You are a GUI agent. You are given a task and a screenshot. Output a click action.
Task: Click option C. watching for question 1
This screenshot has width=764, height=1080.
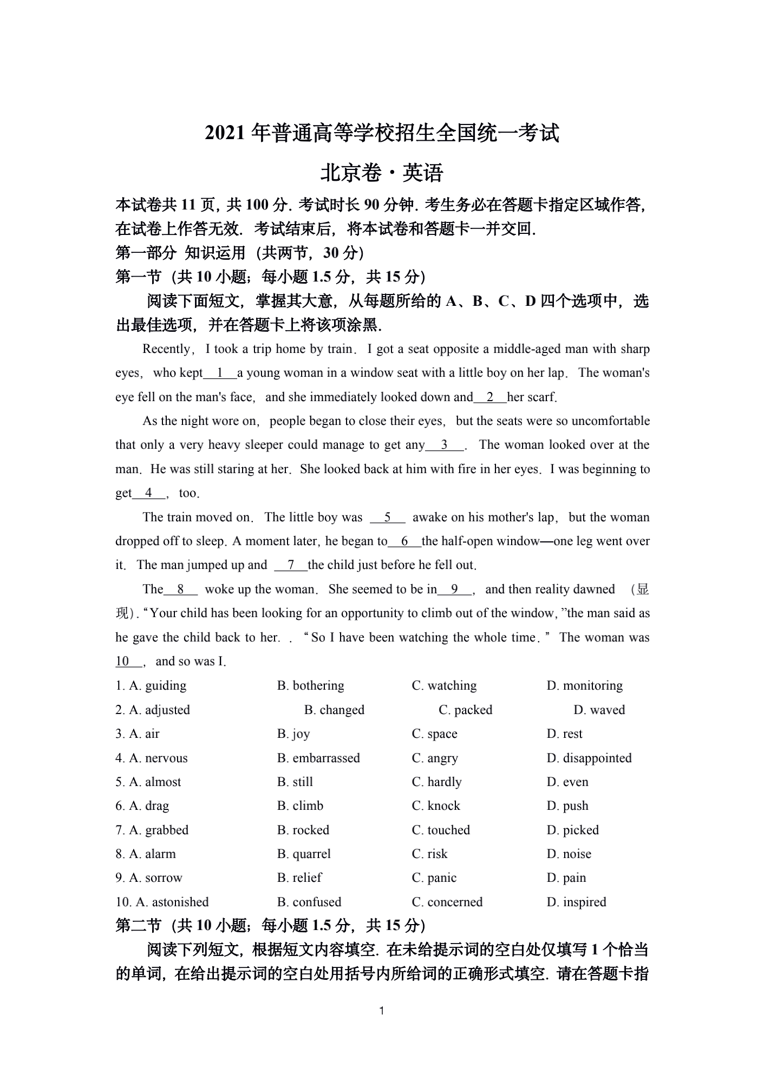(x=444, y=685)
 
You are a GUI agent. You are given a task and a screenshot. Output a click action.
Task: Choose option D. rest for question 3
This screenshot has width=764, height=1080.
(x=564, y=734)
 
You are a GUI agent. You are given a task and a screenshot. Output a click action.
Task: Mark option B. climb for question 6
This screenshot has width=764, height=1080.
(x=300, y=806)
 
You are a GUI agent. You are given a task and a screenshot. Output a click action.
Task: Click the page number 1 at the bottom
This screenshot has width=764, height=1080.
(x=382, y=1011)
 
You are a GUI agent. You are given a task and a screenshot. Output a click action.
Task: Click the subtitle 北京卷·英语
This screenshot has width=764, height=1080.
(x=382, y=173)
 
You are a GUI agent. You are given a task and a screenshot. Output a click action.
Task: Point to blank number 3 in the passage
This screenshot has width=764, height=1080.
(x=445, y=445)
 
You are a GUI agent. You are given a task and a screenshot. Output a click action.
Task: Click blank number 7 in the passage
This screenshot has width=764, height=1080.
(x=291, y=565)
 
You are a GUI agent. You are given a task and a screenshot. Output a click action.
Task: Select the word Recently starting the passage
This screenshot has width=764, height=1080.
(x=166, y=349)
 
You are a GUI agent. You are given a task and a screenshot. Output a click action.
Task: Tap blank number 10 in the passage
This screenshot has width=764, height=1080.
(x=123, y=662)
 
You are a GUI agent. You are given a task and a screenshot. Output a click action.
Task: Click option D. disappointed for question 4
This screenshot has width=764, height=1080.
(x=589, y=758)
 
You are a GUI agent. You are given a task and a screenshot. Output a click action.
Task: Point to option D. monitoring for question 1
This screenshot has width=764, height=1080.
(x=585, y=685)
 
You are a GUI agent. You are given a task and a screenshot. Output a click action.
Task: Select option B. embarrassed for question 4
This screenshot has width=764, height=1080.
(x=318, y=758)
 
